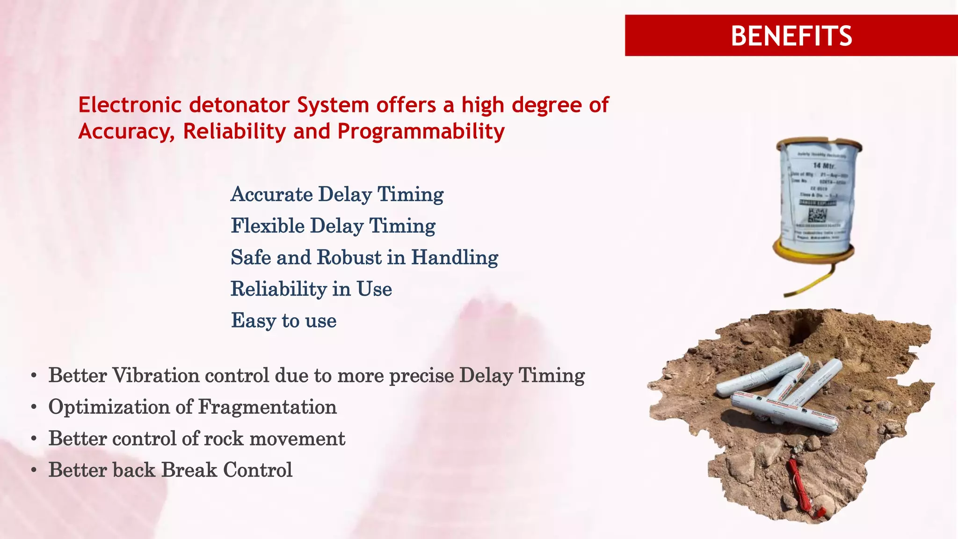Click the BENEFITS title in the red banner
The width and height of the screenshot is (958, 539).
(x=791, y=36)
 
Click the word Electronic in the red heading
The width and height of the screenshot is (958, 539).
(x=130, y=105)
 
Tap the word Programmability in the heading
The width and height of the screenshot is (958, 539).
(x=421, y=131)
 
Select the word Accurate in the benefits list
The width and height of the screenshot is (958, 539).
(x=272, y=194)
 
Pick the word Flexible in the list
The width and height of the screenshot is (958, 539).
(x=268, y=226)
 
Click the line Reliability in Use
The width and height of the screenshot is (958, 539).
(x=311, y=289)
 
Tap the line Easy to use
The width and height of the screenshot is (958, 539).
(x=283, y=321)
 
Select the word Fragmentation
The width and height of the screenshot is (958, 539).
(x=267, y=407)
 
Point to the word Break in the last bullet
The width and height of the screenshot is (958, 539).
(x=189, y=470)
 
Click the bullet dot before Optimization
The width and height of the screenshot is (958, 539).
(x=34, y=408)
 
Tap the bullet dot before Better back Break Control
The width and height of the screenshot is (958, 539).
(x=34, y=471)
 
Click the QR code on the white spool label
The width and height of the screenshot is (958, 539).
(x=817, y=215)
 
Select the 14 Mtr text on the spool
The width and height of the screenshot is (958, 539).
(x=824, y=166)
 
